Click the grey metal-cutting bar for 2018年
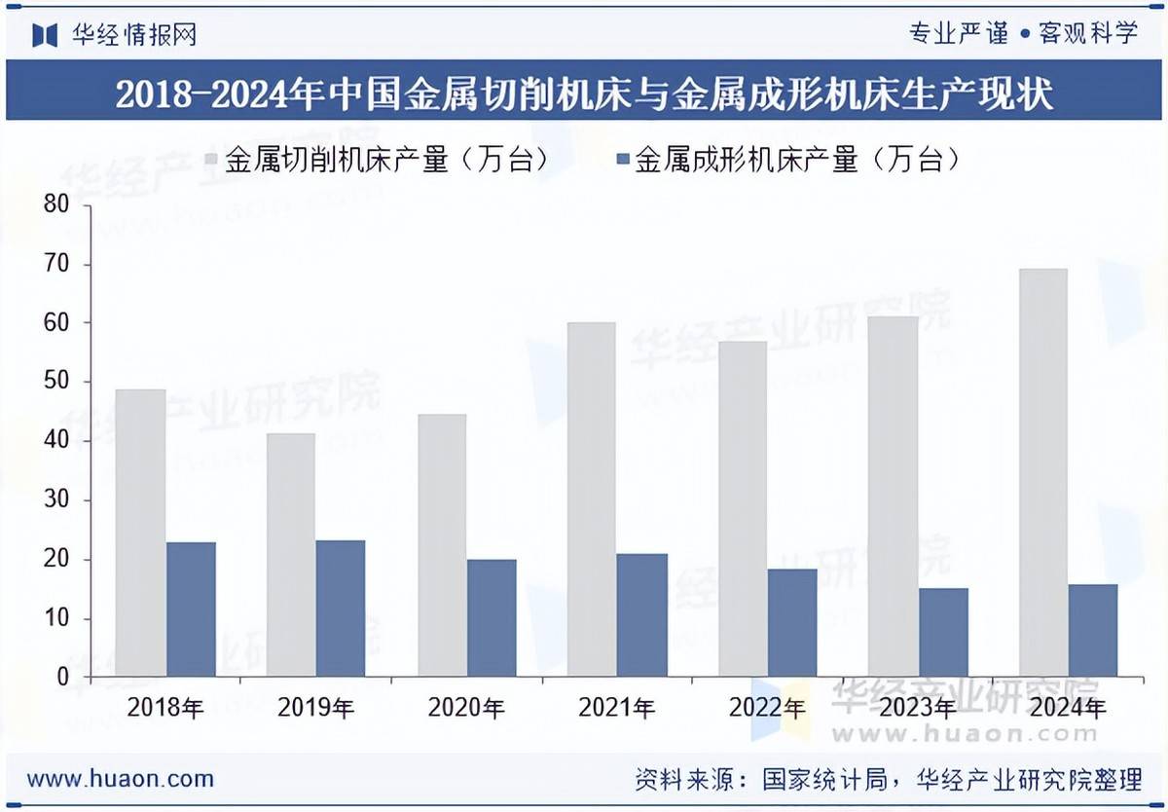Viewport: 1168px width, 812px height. pyautogui.click(x=140, y=533)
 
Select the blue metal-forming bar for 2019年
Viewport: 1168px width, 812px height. pyautogui.click(x=341, y=609)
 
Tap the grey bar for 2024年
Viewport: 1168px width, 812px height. pyautogui.click(x=1042, y=472)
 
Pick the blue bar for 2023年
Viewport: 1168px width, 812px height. pyautogui.click(x=943, y=632)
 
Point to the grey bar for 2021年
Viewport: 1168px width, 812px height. pyautogui.click(x=591, y=499)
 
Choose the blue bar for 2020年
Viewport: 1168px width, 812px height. pyautogui.click(x=492, y=617)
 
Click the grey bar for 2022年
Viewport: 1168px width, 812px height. pyautogui.click(x=742, y=508)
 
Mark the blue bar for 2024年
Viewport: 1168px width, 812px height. pyautogui.click(x=1093, y=630)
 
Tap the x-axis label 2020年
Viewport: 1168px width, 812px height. pyautogui.click(x=466, y=708)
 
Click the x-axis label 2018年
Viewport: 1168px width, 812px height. pyautogui.click(x=165, y=708)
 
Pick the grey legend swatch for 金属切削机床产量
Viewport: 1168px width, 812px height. pyautogui.click(x=212, y=160)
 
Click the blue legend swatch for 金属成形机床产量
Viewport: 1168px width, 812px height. pyautogui.click(x=622, y=160)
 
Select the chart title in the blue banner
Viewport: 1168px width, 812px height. pyautogui.click(x=584, y=95)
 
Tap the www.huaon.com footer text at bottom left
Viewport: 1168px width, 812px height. pyautogui.click(x=121, y=779)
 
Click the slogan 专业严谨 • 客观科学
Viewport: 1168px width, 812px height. pyautogui.click(x=1023, y=34)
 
